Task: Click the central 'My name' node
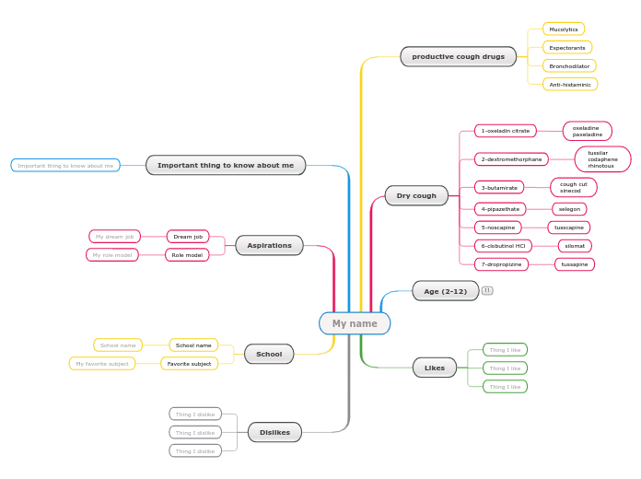pos(355,323)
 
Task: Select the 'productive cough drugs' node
pos(458,56)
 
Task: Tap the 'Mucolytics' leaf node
pos(563,29)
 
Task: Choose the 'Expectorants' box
pos(566,47)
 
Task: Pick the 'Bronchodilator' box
pos(568,66)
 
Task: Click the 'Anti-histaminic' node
pos(569,85)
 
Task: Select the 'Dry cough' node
pos(416,195)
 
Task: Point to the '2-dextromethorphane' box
pos(511,159)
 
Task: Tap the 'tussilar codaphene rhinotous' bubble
pos(602,159)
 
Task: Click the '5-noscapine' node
pos(497,228)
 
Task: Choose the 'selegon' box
pos(569,209)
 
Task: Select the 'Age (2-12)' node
pos(445,291)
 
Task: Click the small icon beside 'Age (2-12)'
pos(487,290)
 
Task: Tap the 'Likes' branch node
pos(434,368)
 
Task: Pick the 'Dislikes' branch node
pos(274,432)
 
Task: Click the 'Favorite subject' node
pos(189,364)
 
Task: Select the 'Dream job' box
pos(188,237)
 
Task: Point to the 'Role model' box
pos(187,255)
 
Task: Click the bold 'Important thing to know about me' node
pos(225,166)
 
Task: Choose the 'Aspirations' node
pos(269,245)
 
